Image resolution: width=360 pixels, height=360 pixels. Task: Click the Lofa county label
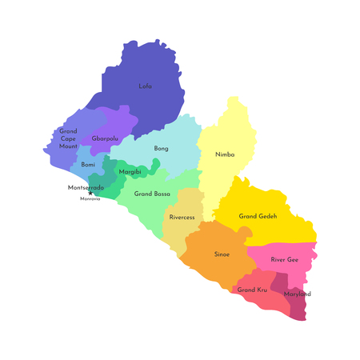145,86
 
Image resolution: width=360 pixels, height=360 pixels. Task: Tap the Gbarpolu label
106,138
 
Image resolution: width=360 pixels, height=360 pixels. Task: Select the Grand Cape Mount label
68,138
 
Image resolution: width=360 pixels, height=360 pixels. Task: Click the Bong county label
161,149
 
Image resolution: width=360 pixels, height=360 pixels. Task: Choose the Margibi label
130,172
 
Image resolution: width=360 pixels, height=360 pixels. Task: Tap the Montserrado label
86,187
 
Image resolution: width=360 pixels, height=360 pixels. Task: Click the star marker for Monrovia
90,194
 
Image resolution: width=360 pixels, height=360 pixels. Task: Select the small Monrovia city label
90,199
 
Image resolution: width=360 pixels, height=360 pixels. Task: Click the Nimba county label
225,154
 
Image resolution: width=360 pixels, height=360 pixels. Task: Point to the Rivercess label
183,217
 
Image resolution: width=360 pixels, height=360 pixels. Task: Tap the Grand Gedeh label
258,216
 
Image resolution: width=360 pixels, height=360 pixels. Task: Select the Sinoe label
222,254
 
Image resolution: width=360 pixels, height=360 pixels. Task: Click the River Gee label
284,259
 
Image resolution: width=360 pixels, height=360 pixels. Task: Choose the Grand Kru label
252,289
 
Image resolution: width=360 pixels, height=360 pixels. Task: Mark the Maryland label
298,294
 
